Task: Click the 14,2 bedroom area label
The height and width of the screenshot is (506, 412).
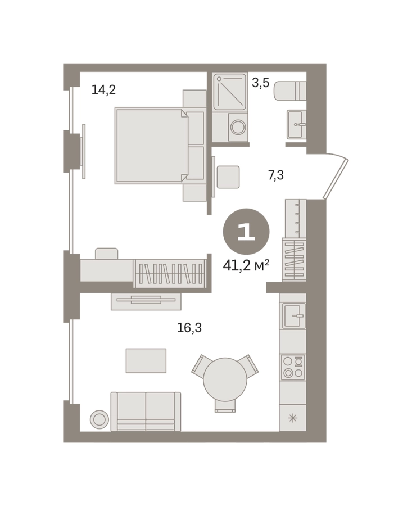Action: (103, 89)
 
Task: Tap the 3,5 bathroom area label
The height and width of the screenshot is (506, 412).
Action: (260, 83)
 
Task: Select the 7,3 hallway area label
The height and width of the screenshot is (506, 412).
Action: (276, 175)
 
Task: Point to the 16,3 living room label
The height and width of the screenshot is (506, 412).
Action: (189, 328)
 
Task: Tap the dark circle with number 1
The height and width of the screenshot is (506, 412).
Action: (246, 232)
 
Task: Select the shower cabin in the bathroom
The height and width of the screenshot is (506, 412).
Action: (230, 91)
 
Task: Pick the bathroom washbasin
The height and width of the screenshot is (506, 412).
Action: (296, 124)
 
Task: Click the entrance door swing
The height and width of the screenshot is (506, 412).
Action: (336, 177)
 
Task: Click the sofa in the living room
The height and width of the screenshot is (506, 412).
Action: (146, 412)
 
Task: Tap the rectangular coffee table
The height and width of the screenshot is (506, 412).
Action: (146, 360)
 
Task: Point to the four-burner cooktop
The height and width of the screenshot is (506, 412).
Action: (293, 367)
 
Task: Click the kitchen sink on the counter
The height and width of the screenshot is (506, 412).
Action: (293, 315)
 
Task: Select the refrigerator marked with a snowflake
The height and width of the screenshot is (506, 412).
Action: (292, 418)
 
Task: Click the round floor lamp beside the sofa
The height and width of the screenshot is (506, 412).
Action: (99, 419)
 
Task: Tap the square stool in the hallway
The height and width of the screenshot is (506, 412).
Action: (228, 177)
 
